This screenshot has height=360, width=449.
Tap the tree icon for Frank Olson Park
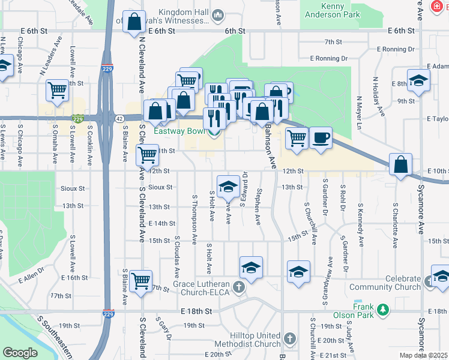[x=382, y=310]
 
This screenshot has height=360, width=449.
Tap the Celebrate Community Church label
[x=394, y=283]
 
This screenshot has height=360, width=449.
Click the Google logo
[x=20, y=353]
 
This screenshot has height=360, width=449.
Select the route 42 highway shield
[x=119, y=119]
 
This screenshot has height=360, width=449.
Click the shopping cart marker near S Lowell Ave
[x=58, y=91]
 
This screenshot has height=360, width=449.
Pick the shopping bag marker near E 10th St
[x=400, y=165]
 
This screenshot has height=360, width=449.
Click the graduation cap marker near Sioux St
[x=228, y=187]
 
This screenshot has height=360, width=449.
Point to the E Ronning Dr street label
[x=328, y=58]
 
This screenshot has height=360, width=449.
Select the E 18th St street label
[x=197, y=312]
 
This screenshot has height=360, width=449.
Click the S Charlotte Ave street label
[x=395, y=225]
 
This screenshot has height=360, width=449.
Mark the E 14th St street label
[x=161, y=223]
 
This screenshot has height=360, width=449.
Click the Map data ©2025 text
[x=423, y=355]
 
